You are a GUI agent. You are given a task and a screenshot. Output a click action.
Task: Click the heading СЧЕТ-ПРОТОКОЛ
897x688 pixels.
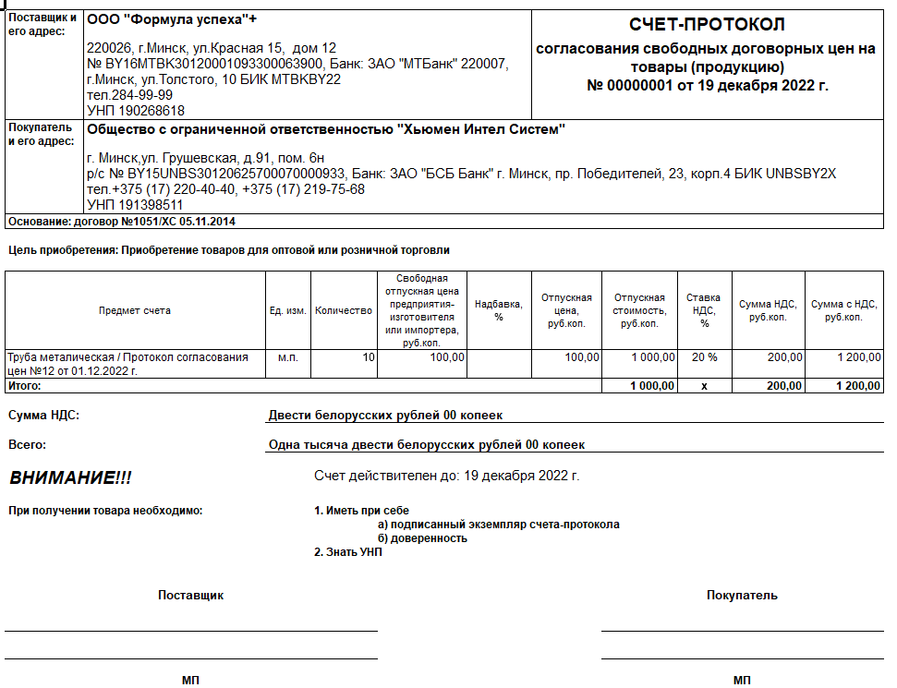pos(707,24)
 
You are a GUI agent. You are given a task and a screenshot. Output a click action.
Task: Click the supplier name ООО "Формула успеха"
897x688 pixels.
pos(172,19)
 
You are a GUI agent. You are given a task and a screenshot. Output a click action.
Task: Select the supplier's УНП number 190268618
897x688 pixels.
pos(135,110)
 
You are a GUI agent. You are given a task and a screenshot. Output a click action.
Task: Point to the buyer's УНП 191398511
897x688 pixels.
pos(135,204)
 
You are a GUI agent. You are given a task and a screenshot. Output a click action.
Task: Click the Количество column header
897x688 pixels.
pos(343,311)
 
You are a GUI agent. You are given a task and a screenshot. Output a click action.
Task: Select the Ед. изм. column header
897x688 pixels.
pos(287,311)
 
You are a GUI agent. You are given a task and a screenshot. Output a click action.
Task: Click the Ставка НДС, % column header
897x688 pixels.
pos(704,310)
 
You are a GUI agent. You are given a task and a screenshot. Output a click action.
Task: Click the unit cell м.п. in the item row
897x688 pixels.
pos(287,357)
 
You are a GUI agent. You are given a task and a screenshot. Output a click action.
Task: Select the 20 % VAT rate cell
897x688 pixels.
pos(704,357)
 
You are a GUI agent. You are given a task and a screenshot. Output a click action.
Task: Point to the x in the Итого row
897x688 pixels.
pos(704,386)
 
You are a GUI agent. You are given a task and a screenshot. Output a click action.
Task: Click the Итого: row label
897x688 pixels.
pos(24,386)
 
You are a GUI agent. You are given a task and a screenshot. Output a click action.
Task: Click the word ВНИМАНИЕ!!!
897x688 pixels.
pos(70,477)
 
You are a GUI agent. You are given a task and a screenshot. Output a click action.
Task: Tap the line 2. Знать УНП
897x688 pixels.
pos(348,552)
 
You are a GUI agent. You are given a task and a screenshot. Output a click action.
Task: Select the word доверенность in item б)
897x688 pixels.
pos(428,538)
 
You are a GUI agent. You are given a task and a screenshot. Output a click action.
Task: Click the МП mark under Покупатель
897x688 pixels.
pos(742,681)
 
